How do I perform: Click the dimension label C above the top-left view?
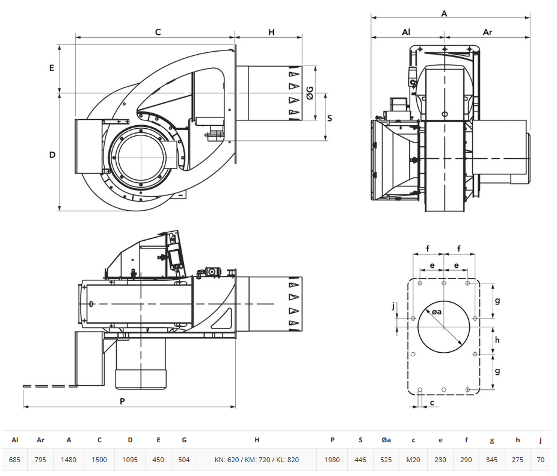[x=158, y=32]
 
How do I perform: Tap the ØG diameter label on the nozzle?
[x=310, y=93]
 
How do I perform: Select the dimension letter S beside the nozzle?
[x=330, y=118]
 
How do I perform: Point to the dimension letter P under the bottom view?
[x=122, y=401]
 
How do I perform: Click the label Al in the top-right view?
[x=406, y=32]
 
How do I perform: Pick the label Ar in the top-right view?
[x=487, y=32]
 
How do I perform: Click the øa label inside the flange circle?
[x=437, y=312]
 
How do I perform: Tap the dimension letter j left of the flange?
[x=393, y=306]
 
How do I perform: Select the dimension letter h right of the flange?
[x=497, y=340]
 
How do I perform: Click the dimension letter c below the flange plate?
[x=432, y=403]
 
